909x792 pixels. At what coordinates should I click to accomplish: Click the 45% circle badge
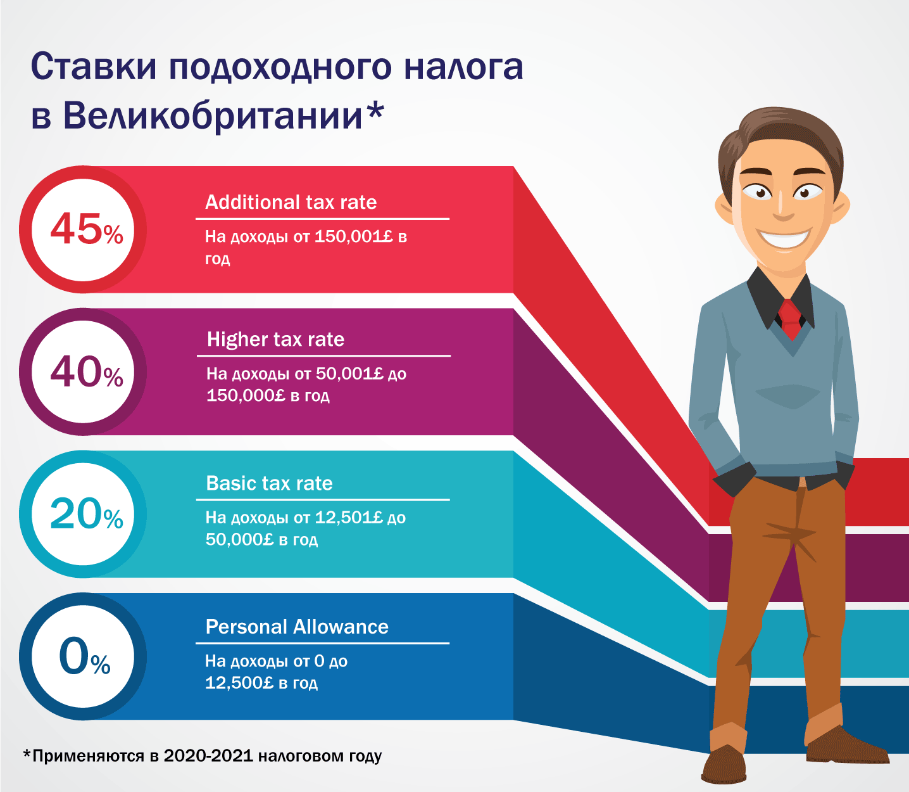pyautogui.click(x=83, y=229)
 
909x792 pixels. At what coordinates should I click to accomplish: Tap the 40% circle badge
pyautogui.click(x=83, y=372)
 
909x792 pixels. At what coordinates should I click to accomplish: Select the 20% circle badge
pyautogui.click(x=83, y=514)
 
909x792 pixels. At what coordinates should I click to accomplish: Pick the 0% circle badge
pyautogui.click(x=83, y=656)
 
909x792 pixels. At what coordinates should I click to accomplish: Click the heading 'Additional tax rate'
pyautogui.click(x=291, y=203)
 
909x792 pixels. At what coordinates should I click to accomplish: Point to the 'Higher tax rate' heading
pyautogui.click(x=275, y=340)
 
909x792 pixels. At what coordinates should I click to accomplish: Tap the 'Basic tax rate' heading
pyautogui.click(x=269, y=483)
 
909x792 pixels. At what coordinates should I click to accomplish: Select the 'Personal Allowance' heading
pyautogui.click(x=297, y=627)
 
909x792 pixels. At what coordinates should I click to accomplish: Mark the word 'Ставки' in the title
pyautogui.click(x=94, y=67)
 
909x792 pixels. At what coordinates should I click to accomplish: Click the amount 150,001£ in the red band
pyautogui.click(x=354, y=237)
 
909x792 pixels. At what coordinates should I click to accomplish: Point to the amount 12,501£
pyautogui.click(x=349, y=518)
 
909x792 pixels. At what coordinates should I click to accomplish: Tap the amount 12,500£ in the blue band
pyautogui.click(x=239, y=682)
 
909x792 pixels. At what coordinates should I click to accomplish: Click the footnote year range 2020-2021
pyautogui.click(x=208, y=755)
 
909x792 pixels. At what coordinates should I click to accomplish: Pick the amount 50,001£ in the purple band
pyautogui.click(x=349, y=374)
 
